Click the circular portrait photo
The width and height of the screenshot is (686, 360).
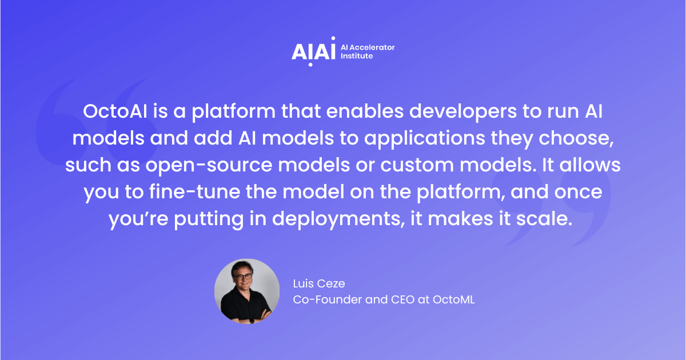pos(247,291)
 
